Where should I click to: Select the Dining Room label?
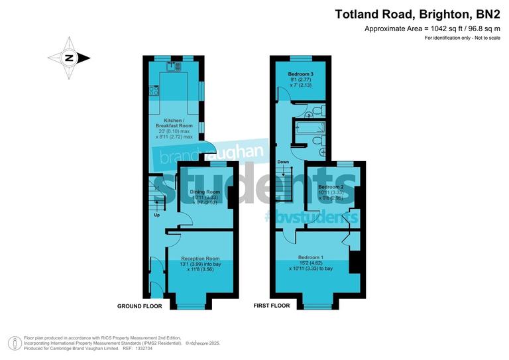[x=205, y=192]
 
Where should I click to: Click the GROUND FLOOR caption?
[x=140, y=306]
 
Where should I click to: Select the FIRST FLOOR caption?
[x=272, y=306]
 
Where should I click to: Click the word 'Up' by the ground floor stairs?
[x=157, y=215]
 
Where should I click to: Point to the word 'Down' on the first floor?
[x=283, y=162]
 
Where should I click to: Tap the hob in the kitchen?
[x=154, y=91]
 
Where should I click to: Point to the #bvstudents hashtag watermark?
[x=311, y=217]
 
